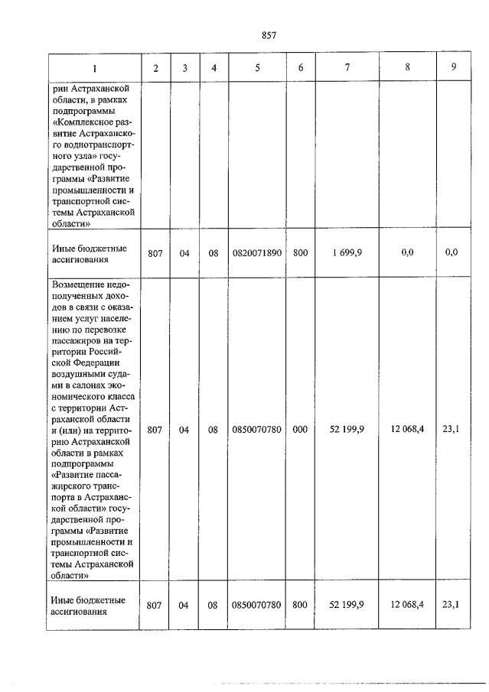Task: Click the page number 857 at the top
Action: click(269, 35)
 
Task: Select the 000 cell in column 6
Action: click(300, 430)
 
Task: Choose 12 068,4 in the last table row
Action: click(407, 605)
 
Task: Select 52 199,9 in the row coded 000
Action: click(347, 430)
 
